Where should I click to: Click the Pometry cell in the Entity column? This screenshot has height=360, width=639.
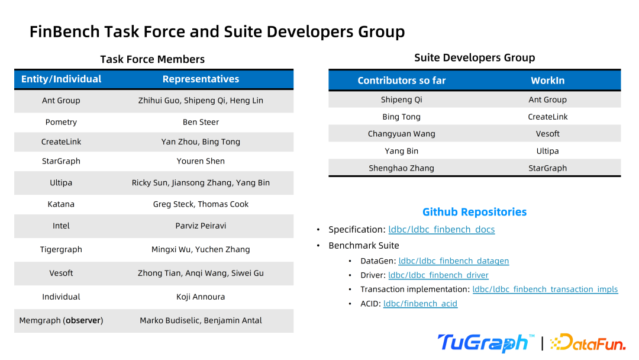61,122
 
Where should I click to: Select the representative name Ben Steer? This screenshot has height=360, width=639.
201,122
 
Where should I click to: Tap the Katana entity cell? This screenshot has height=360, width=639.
61,204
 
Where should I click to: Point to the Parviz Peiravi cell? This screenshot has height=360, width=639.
201,226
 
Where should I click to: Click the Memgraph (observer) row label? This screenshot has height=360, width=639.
61,320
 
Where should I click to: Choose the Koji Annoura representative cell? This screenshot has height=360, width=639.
201,297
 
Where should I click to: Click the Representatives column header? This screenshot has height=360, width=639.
201,79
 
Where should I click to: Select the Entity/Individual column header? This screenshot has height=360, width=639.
61,79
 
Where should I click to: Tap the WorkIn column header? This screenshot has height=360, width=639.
547,81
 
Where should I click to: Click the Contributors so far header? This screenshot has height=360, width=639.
401,81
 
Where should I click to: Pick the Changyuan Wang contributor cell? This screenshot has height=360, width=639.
401,134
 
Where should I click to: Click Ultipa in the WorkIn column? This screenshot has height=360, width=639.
547,151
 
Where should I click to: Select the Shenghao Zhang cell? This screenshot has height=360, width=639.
401,168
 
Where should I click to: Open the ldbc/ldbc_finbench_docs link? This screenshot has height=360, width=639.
441,230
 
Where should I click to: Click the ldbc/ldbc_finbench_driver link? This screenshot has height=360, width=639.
438,275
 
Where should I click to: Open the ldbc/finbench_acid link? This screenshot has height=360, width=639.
420,304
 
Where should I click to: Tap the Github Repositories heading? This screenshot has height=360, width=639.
475,212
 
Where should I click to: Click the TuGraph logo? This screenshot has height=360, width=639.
486,343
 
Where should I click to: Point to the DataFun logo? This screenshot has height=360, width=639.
588,342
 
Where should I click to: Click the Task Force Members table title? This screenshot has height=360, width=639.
153,60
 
